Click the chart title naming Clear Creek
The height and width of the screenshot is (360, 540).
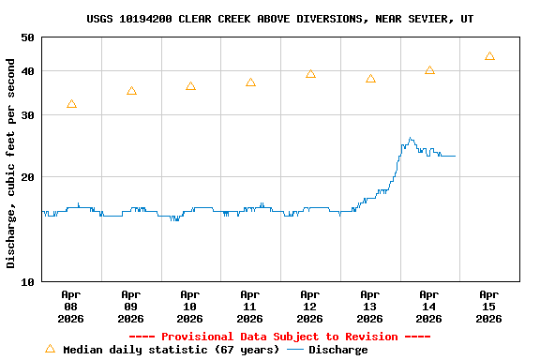(279, 19)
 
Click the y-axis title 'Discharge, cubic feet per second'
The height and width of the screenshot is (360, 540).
(11, 163)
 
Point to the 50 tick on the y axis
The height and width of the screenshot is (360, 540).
(26, 37)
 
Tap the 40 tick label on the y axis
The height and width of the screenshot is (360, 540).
(26, 71)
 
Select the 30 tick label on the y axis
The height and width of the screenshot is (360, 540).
(26, 115)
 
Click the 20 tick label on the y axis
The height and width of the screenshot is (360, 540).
(26, 177)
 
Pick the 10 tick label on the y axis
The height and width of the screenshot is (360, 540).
(26, 281)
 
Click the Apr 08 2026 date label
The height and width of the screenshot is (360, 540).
(71, 307)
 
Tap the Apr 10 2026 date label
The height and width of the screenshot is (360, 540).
(190, 307)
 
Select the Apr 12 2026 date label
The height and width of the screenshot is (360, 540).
(310, 307)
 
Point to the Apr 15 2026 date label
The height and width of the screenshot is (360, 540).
(488, 307)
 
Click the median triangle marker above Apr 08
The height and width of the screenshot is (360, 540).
(71, 104)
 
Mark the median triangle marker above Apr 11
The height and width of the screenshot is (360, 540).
(250, 82)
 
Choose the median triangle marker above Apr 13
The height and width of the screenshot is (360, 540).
(370, 79)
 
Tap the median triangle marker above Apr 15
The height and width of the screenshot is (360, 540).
(489, 56)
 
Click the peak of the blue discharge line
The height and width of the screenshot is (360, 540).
(410, 139)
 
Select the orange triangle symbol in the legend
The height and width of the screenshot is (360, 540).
(50, 349)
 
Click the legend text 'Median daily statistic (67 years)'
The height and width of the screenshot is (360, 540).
(171, 350)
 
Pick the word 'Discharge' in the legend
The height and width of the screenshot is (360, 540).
(337, 350)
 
